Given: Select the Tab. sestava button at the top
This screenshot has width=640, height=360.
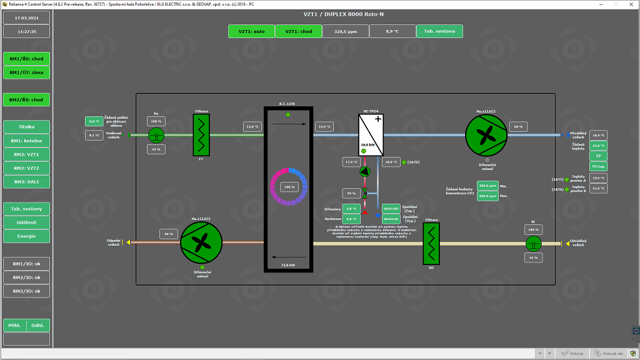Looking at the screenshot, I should click(439, 31).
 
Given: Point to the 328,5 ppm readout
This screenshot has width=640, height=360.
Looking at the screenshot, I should click(345, 31).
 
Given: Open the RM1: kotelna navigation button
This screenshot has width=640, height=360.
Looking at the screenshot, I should click(27, 141).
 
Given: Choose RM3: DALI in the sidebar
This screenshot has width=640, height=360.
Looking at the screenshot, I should click(27, 182).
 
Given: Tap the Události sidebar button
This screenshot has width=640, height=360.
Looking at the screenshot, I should click(27, 222).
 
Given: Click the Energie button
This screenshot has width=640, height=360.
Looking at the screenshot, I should click(27, 236).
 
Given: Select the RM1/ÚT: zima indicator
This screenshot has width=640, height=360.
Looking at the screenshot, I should click(27, 72).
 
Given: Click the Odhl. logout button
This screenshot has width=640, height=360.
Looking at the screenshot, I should click(38, 325).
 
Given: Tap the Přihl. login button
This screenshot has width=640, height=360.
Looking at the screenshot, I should click(15, 325).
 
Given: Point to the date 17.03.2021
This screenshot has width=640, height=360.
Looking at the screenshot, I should click(27, 17).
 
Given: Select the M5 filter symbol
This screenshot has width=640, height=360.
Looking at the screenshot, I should click(431, 244).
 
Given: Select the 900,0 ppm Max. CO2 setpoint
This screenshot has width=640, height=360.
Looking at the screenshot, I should click(487, 196).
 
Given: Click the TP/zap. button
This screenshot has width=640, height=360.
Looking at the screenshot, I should click(598, 166).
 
